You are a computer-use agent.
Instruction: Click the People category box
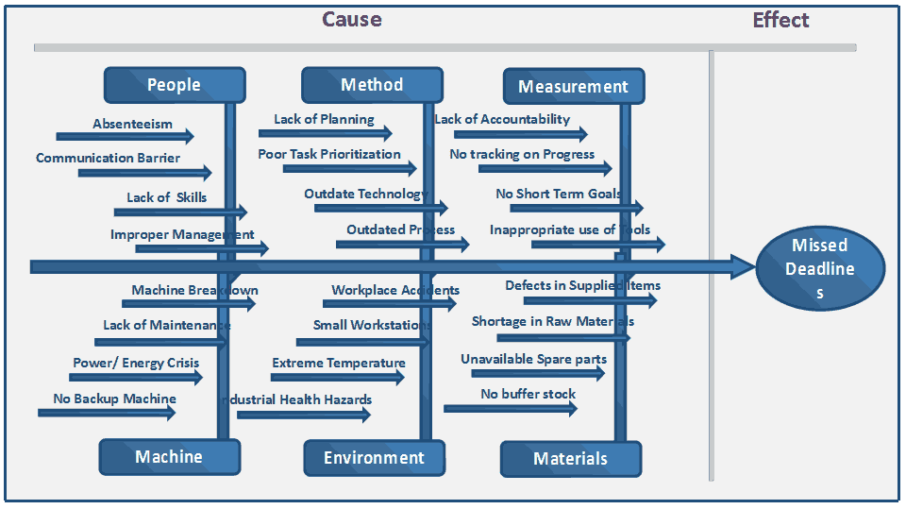[x=175, y=85]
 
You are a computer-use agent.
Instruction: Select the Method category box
[x=372, y=85]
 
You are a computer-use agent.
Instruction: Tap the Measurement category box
[x=573, y=86]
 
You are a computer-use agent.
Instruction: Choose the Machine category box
[x=169, y=457]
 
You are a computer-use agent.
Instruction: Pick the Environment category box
[x=374, y=458]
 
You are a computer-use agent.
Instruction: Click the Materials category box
[x=570, y=459]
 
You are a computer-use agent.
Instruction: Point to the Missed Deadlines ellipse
[x=819, y=268]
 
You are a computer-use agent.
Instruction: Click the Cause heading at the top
[x=352, y=20]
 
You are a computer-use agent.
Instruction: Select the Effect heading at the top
[x=780, y=20]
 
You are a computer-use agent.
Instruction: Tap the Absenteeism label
[x=132, y=124]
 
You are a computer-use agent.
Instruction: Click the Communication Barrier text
[x=108, y=158]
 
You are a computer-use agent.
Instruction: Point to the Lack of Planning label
[x=324, y=119]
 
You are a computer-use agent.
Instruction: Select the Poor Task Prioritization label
[x=329, y=154]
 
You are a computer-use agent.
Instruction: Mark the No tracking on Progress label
[x=522, y=154]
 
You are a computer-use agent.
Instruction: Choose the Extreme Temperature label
[x=338, y=363]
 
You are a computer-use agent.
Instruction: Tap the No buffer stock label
[x=528, y=394]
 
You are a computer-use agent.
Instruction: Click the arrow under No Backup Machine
[x=107, y=413]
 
